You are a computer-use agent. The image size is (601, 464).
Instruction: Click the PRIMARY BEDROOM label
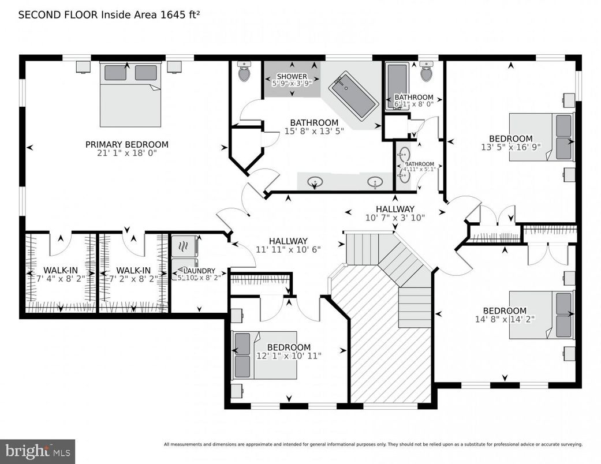(126, 144)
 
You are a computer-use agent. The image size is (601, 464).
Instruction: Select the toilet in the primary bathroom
(244, 73)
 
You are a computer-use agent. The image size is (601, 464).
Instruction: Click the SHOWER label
(292, 77)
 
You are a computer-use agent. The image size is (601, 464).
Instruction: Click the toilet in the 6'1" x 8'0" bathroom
(427, 72)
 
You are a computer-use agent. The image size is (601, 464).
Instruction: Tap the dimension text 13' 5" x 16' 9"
(510, 147)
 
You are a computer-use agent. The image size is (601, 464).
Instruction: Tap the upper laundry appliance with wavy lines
(185, 246)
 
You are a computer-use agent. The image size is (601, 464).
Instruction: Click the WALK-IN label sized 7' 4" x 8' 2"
(61, 270)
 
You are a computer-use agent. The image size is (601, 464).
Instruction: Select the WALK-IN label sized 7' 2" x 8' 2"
(133, 270)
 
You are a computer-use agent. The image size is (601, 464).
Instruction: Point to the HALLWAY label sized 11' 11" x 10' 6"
(288, 241)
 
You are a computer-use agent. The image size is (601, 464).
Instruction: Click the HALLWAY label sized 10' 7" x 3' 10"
(395, 209)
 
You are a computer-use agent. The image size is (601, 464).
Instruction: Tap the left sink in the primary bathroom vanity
(315, 182)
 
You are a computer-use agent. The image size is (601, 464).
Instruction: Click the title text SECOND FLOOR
(58, 14)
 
